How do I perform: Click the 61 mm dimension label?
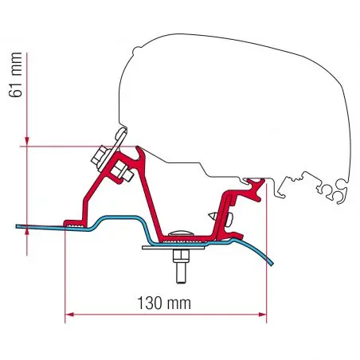[x=15, y=75]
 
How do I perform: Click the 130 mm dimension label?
[x=164, y=303]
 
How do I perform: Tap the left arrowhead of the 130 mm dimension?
[x=69, y=315]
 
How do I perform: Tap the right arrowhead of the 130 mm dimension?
[x=262, y=315]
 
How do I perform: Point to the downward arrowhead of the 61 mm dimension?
[x=27, y=142]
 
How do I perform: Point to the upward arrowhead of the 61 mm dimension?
[x=27, y=233]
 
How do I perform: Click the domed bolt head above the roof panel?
[x=181, y=233]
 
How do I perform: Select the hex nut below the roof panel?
[x=181, y=256]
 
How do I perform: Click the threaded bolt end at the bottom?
[x=181, y=273]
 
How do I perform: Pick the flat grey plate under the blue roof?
[x=174, y=248]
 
